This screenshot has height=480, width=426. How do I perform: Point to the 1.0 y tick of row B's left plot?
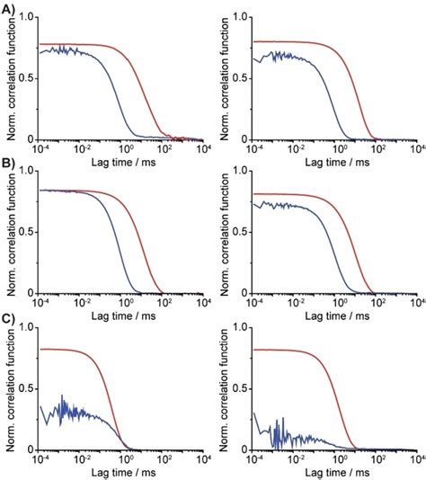pyautogui.click(x=28, y=171)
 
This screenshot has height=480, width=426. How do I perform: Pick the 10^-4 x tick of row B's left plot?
pyautogui.click(x=40, y=302)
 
